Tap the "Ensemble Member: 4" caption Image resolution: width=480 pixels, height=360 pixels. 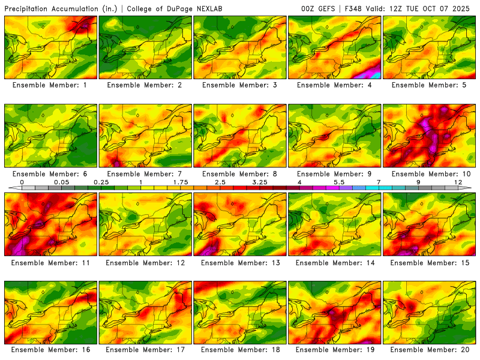tap(334, 85)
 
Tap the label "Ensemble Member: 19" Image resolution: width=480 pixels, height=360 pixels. tap(334, 350)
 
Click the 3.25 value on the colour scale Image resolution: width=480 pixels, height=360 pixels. tap(259, 181)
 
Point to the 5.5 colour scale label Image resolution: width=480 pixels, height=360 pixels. tap(338, 181)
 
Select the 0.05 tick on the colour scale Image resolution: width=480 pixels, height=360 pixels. tap(61, 181)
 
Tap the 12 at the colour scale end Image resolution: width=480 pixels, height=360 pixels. tap(457, 181)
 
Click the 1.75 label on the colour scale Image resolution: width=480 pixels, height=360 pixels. tap(180, 181)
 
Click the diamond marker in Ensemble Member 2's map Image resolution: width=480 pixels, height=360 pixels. tap(137, 27)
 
